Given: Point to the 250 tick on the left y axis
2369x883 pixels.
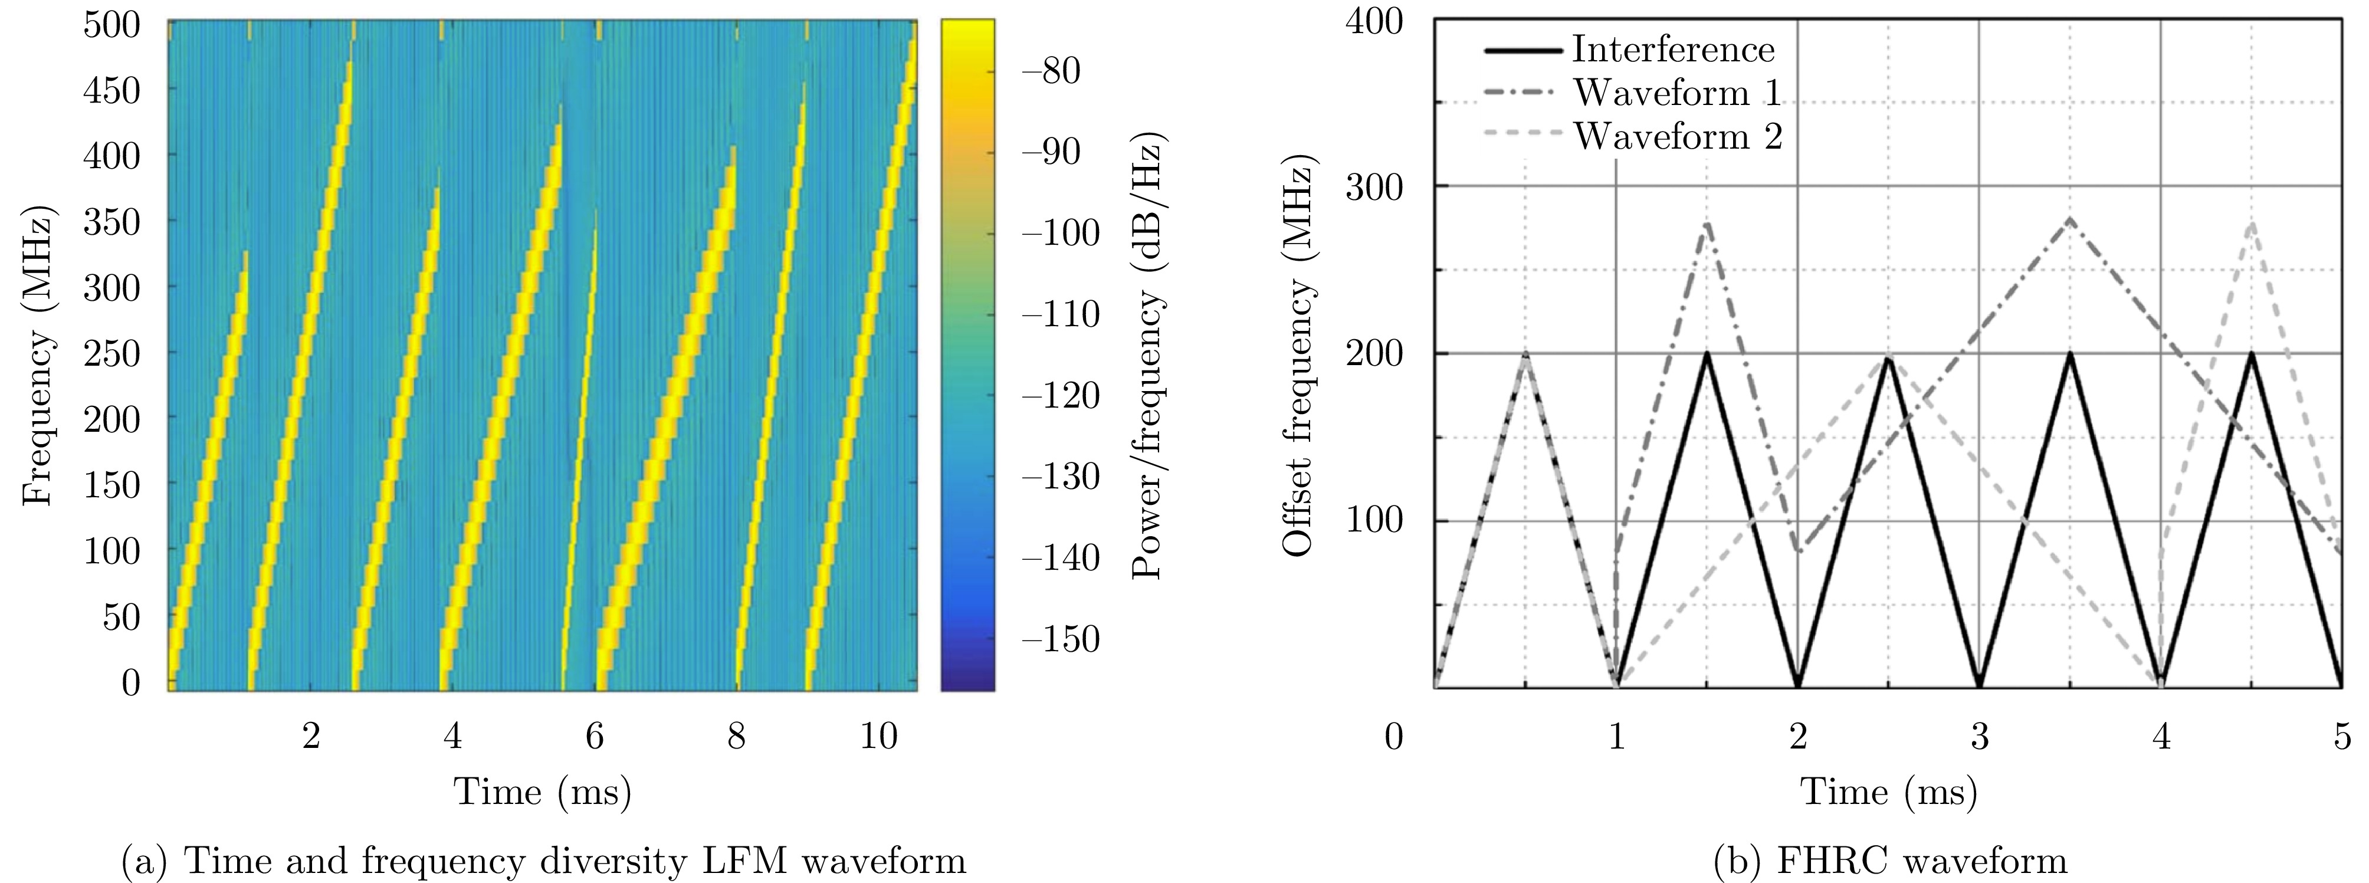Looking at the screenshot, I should [x=111, y=353].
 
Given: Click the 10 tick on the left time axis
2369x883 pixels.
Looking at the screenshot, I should [x=878, y=736].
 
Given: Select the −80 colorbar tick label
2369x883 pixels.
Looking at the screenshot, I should [x=1050, y=71].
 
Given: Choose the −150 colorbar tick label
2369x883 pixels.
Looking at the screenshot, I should [x=1059, y=639].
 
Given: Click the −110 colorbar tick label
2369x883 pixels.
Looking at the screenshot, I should [x=1059, y=314].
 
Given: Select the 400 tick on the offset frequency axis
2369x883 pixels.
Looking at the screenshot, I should [x=1374, y=20].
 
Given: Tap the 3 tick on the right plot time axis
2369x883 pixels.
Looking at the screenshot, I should [x=1979, y=737].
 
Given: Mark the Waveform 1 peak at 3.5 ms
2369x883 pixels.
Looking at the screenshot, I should [x=2069, y=219].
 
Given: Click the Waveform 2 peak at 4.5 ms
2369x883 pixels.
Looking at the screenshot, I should [x=2250, y=222].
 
